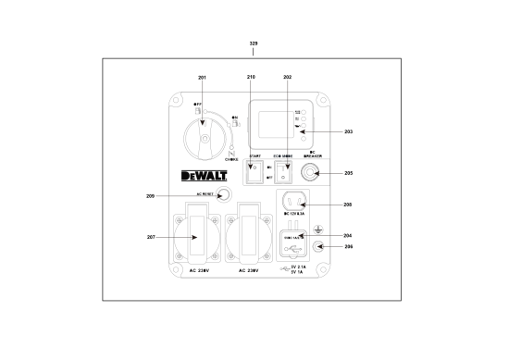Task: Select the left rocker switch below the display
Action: tap(254, 171)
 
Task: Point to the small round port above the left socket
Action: tap(222, 195)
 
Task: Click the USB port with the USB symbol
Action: tap(291, 244)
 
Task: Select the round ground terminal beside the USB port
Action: tap(319, 246)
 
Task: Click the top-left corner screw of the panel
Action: tap(177, 100)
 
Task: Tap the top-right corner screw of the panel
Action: tap(322, 100)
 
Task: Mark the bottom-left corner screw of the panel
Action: tap(177, 270)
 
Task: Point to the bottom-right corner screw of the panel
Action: tap(322, 270)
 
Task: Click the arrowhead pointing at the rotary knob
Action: tap(203, 121)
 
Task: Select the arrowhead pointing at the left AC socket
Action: tap(194, 238)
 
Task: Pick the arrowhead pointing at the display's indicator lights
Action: tap(303, 131)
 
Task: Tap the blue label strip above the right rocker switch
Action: tap(283, 157)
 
